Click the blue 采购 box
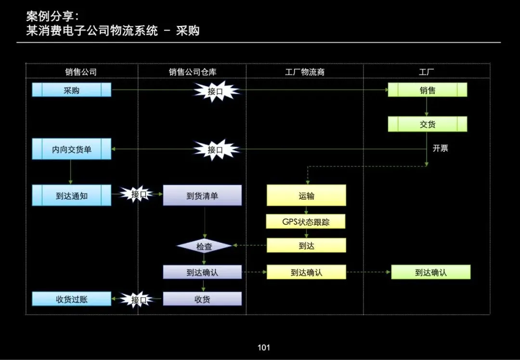tap(71, 90)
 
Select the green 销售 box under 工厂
tap(428, 90)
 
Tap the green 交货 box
tap(428, 124)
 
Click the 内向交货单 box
tap(71, 149)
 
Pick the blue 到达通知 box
tap(71, 196)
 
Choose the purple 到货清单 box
tap(202, 196)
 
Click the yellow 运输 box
tap(306, 196)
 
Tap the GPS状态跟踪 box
tap(306, 222)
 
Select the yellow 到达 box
tap(306, 245)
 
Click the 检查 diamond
tap(205, 246)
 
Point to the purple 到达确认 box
tap(202, 272)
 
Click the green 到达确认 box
tap(431, 272)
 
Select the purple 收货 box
tap(202, 299)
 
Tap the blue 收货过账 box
tap(71, 299)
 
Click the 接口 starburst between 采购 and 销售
tap(216, 91)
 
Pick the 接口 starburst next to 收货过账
tap(139, 300)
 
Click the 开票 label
tap(440, 148)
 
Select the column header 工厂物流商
tap(305, 72)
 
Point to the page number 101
tap(263, 347)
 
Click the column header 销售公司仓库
tap(192, 72)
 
